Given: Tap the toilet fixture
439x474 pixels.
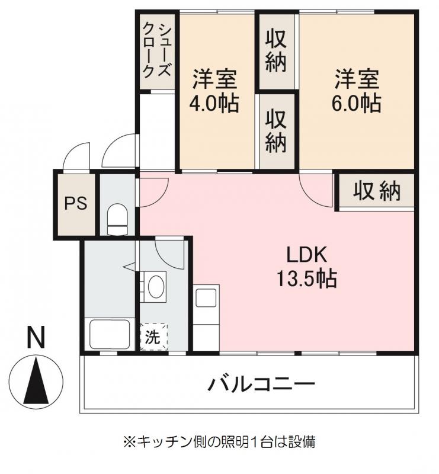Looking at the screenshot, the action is pyautogui.click(x=118, y=219).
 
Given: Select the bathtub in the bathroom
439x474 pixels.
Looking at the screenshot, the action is pyautogui.click(x=110, y=334).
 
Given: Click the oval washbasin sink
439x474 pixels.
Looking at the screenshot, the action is pyautogui.click(x=156, y=286).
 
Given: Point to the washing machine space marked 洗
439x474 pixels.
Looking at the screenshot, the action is pyautogui.click(x=153, y=337).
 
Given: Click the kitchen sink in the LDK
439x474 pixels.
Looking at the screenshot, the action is pyautogui.click(x=206, y=297).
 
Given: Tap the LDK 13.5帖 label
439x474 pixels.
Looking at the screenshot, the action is pyautogui.click(x=306, y=267).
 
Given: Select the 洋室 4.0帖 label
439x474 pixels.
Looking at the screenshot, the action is pyautogui.click(x=214, y=91).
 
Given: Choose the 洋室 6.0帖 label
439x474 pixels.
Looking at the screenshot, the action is pyautogui.click(x=357, y=91).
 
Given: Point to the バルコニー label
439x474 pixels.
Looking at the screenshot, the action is pyautogui.click(x=262, y=384).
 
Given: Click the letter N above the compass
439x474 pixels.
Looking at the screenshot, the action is pyautogui.click(x=36, y=337).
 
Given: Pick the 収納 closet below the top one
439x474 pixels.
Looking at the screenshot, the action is pyautogui.click(x=276, y=130).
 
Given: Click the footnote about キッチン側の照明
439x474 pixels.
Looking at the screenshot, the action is pyautogui.click(x=219, y=441).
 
